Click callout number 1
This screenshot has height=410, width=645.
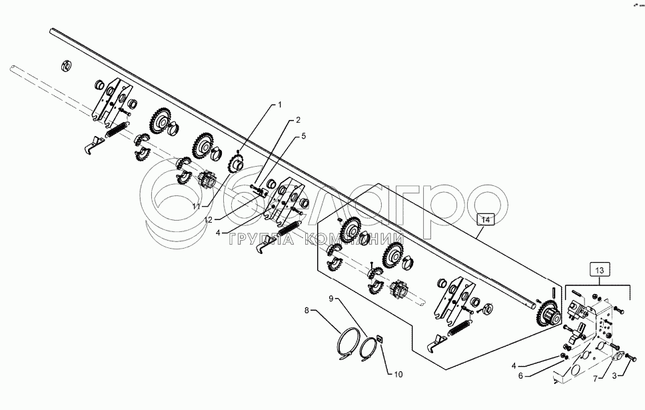point(280,105)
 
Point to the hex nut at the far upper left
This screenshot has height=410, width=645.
point(66,65)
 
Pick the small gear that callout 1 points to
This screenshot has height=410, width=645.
point(236,163)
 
